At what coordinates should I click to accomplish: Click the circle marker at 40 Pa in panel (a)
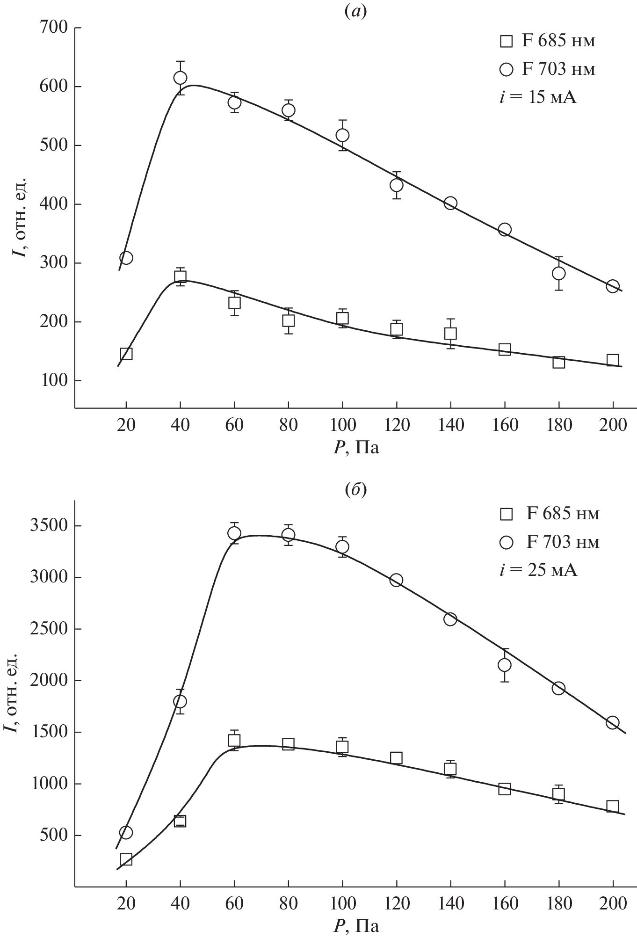180,78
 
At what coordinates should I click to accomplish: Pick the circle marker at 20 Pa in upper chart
126,258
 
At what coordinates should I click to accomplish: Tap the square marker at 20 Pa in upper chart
126,354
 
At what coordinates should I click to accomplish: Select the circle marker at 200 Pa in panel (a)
613,286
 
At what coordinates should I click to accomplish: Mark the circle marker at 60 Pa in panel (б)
234,533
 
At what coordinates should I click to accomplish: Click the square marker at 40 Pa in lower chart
180,821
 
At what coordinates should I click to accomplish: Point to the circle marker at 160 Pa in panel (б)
505,665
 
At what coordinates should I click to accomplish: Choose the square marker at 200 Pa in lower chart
613,806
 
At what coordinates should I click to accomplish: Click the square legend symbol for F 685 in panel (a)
506,41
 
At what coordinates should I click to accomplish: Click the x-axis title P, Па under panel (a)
356,448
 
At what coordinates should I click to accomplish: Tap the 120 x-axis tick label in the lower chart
397,903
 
